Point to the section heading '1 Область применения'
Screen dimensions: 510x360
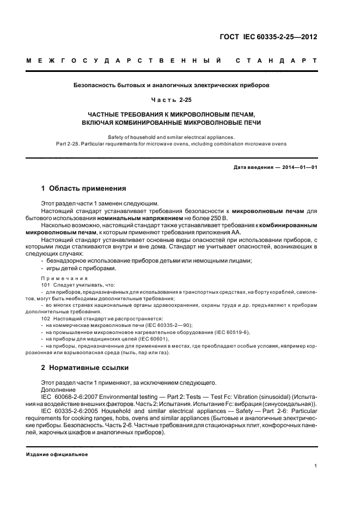click(84, 189)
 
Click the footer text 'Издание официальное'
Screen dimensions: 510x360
click(57, 454)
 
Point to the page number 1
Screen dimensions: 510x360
click(315, 466)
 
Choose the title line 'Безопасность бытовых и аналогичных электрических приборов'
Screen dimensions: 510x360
click(172, 86)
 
